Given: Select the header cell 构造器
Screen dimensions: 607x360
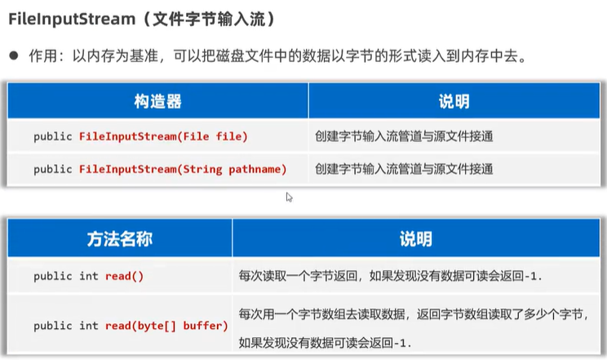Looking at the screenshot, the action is tap(157, 102).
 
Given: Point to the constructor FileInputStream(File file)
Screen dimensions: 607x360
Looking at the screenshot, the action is tap(163, 136).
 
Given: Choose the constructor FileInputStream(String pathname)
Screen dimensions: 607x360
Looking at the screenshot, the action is tap(183, 169).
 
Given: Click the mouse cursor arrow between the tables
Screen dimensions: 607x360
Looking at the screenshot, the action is tap(289, 196).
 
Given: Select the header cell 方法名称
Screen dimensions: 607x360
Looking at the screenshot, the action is tap(119, 239).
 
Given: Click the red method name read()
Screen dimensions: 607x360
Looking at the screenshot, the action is tap(124, 276).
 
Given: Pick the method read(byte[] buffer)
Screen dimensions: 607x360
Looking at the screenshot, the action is tap(166, 326).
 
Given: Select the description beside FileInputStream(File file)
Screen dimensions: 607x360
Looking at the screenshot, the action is tap(403, 136).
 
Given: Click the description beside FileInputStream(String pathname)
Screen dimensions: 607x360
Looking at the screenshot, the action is tap(403, 169).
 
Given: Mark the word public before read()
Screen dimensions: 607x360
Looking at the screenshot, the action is tap(53, 276).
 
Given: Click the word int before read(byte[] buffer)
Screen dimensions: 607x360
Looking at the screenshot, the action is tap(89, 326).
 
